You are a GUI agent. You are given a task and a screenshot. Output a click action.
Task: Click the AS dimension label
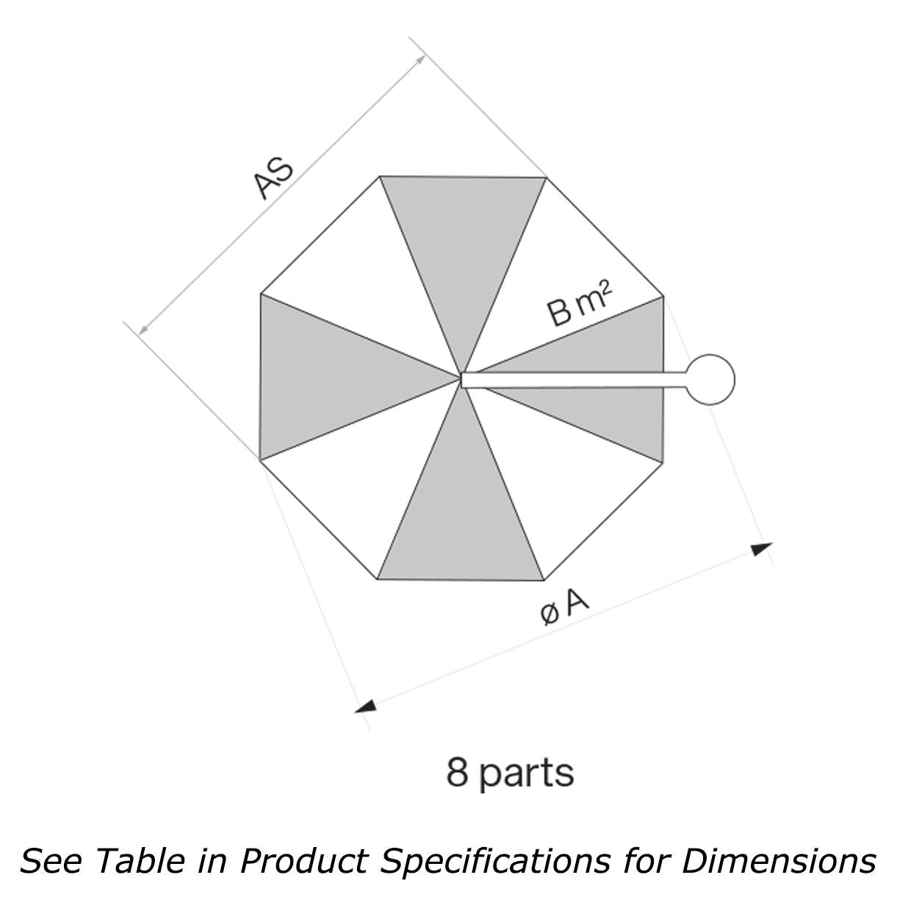[x=273, y=177]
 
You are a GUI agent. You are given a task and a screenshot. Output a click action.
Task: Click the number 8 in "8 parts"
[x=457, y=772]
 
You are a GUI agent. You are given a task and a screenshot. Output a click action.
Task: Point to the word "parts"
[x=527, y=774]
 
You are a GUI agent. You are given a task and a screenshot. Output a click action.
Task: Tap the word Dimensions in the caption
[x=779, y=860]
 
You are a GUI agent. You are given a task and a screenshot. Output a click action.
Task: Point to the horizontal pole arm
[x=573, y=380]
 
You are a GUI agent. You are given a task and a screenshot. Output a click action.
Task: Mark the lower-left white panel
[x=353, y=485]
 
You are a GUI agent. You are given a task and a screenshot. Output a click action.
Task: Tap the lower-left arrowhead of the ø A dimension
[x=365, y=706]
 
